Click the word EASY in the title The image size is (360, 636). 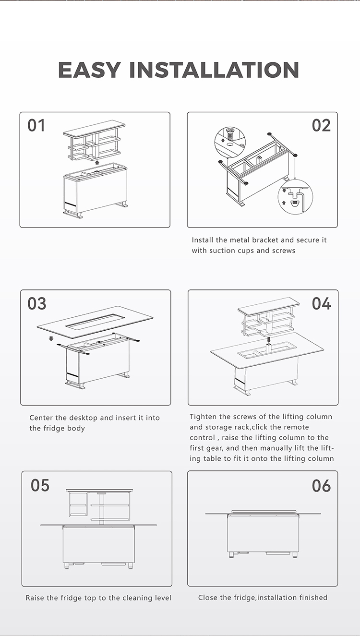tap(89, 70)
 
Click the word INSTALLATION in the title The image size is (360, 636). tap(214, 70)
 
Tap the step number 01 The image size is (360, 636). tap(36, 125)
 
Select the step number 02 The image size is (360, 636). tap(321, 125)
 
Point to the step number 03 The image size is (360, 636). tap(36, 303)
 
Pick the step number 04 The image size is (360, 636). tap(322, 303)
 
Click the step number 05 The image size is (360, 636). tap(40, 485)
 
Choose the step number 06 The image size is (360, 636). tap(322, 485)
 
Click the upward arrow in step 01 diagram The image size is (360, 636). tap(97, 162)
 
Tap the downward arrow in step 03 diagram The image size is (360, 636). tap(51, 338)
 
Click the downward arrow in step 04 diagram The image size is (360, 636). tap(269, 339)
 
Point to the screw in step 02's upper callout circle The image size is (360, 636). tap(229, 133)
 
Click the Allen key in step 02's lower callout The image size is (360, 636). tap(303, 201)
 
